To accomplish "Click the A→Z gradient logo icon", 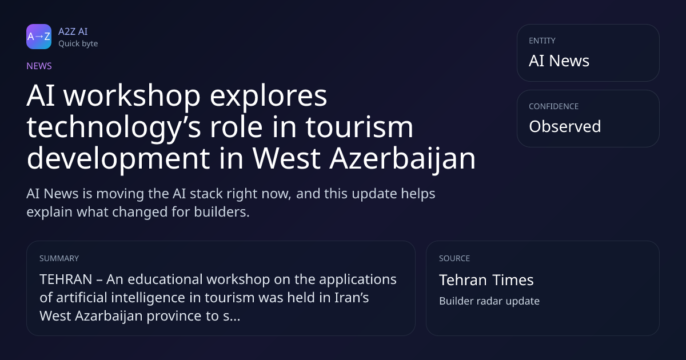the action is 39,37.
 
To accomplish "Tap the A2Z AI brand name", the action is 73,31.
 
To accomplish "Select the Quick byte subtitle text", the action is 78,44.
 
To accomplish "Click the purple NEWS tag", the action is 39,66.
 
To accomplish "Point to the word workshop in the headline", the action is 131,95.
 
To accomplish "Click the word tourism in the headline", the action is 360,127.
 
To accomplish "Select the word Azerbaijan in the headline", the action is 402,158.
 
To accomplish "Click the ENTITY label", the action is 542,41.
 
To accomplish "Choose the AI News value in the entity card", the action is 559,61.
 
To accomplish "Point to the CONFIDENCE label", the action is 554,106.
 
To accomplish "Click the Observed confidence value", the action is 565,126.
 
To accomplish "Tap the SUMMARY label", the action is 59,258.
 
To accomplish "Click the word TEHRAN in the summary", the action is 66,279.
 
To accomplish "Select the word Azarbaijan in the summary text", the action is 109,316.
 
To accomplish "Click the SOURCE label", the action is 454,258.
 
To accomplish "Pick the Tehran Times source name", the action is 486,280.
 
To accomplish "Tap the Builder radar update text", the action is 489,301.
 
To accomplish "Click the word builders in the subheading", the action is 222,212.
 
